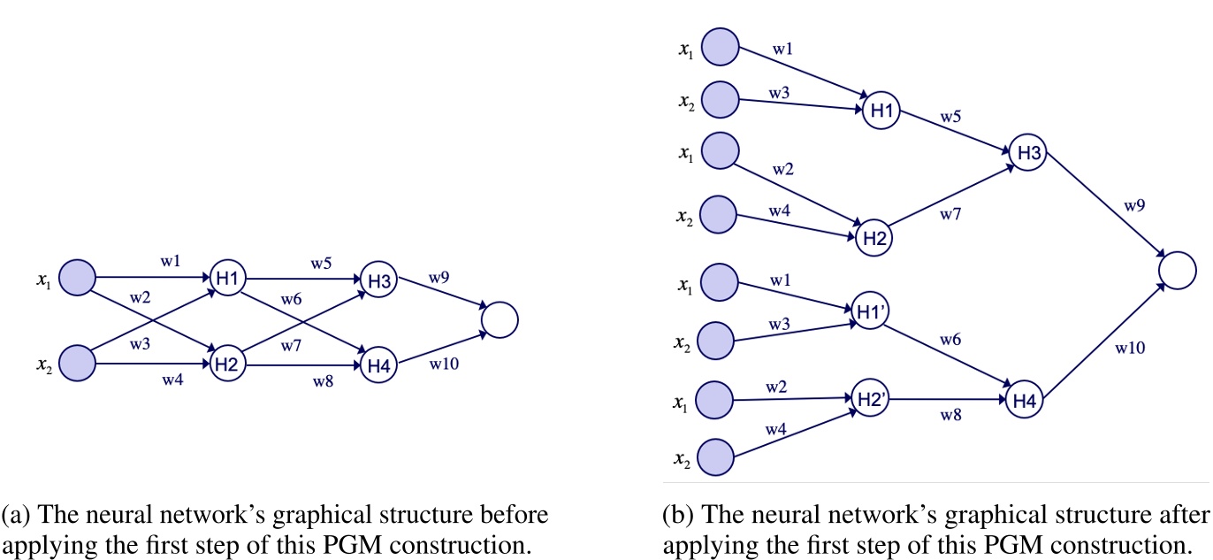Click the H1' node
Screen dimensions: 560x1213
pyautogui.click(x=867, y=311)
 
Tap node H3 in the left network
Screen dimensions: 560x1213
pyautogui.click(x=378, y=280)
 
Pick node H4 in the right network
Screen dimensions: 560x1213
pyautogui.click(x=1025, y=401)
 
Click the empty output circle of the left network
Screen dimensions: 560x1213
pyautogui.click(x=499, y=319)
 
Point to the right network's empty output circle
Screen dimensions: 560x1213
pyautogui.click(x=1177, y=269)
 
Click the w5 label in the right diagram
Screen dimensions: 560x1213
pyautogui.click(x=951, y=116)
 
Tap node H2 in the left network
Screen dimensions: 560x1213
pyautogui.click(x=227, y=364)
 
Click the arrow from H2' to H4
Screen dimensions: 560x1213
pyautogui.click(x=945, y=399)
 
